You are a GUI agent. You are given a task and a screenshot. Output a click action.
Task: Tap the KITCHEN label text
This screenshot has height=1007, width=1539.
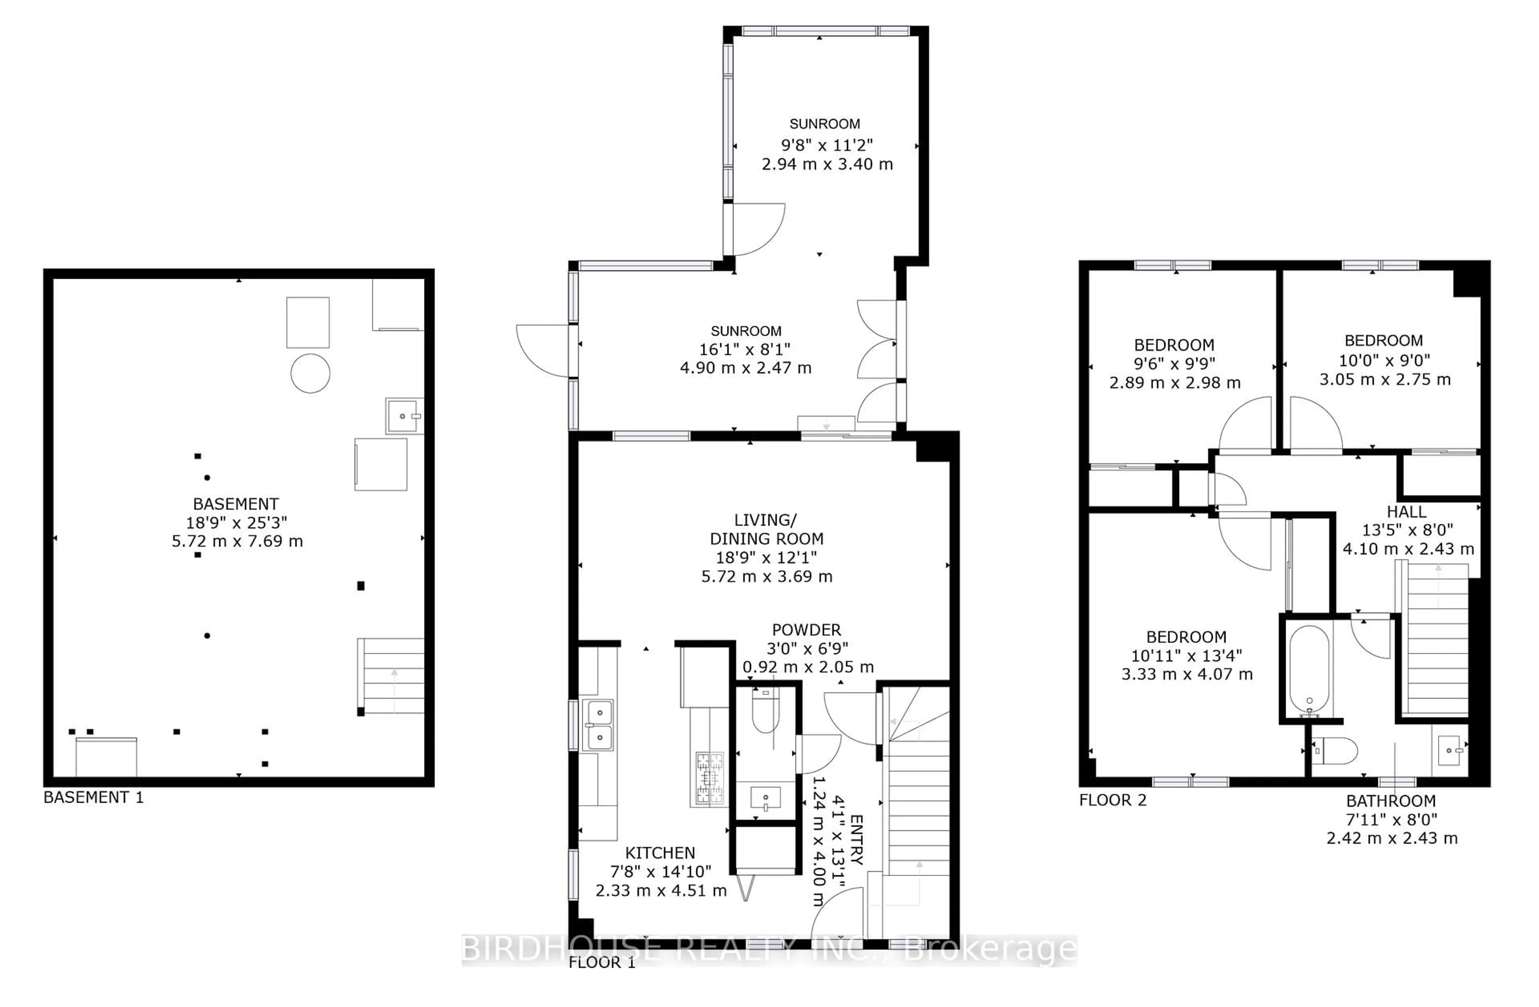pos(660,852)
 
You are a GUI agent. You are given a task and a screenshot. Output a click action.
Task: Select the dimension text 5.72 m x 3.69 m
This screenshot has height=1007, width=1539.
pos(767,576)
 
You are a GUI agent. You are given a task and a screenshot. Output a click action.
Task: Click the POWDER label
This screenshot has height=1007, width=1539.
pos(806,630)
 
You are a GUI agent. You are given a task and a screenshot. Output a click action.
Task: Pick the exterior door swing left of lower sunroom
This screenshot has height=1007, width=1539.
pos(542,351)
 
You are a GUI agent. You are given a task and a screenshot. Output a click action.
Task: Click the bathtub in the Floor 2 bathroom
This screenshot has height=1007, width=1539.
pos(1309,669)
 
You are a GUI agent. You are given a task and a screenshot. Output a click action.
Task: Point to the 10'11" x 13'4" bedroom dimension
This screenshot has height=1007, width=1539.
pos(1187,655)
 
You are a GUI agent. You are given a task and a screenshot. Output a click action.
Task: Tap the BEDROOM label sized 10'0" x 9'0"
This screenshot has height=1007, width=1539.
pos(1384,340)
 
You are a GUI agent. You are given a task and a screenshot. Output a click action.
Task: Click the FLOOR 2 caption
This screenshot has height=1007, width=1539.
pos(1112,800)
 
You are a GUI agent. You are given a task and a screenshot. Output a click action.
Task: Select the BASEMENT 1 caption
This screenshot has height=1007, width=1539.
pos(93,798)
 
